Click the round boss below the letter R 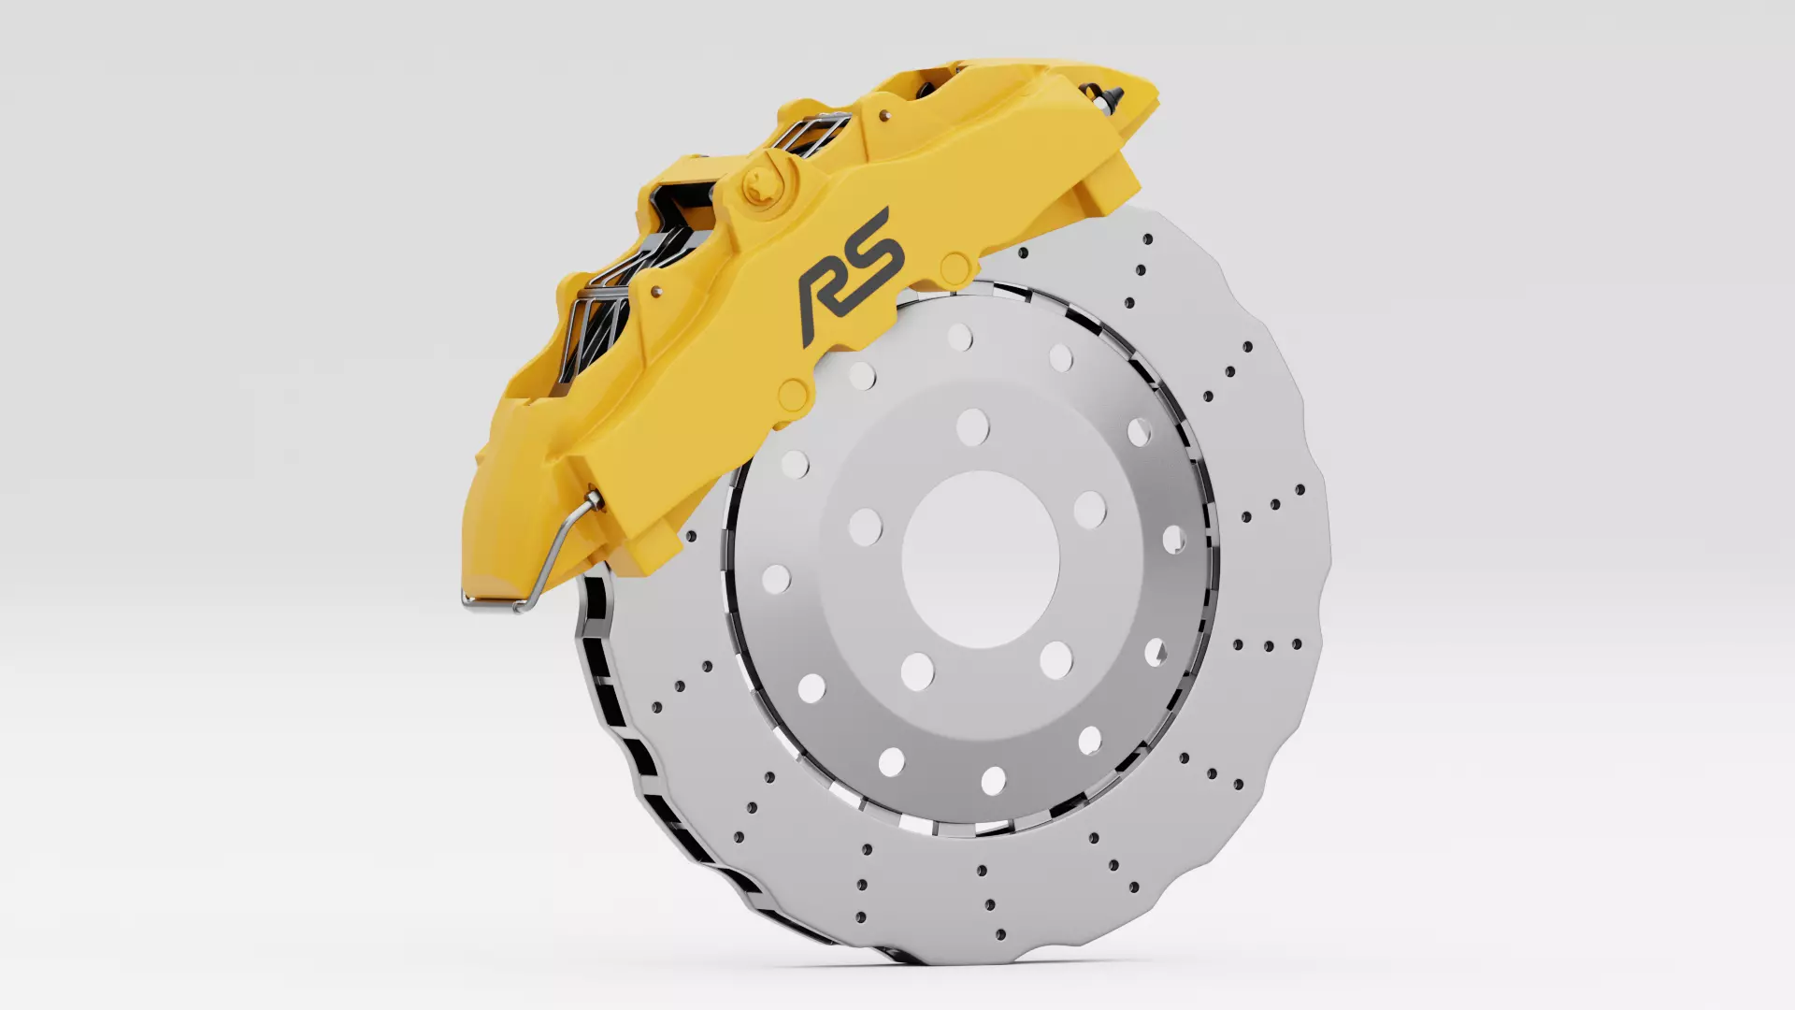coord(792,394)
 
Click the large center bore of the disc coord(980,559)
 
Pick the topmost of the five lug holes coord(972,427)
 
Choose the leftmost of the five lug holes coord(865,527)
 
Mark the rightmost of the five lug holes coord(1089,510)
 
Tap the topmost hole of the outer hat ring coord(959,337)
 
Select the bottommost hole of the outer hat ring coord(993,780)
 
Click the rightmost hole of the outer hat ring coord(1174,540)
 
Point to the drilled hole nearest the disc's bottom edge coord(1001,934)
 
